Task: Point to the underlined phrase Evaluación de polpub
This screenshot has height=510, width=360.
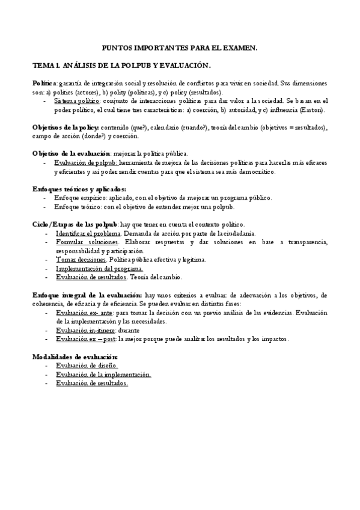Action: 86,162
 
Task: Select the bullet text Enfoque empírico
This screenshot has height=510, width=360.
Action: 81,197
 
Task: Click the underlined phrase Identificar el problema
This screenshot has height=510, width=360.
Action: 88,233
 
